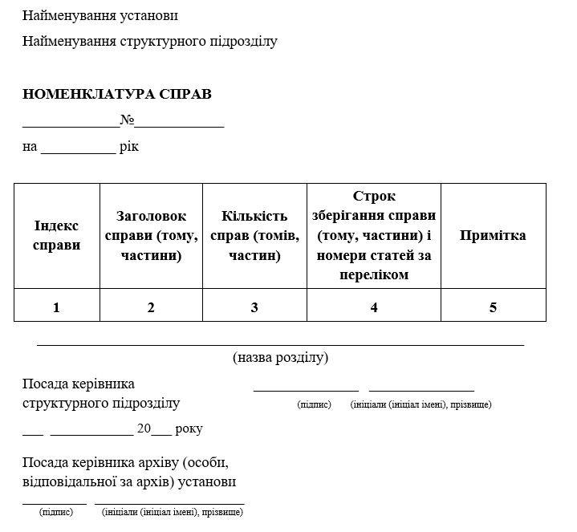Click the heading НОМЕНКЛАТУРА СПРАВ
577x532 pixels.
117,95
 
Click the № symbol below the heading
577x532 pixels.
127,120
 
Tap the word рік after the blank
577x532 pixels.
129,147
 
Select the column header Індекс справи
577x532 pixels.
57,235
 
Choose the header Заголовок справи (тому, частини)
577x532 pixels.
151,236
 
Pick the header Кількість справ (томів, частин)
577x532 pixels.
254,236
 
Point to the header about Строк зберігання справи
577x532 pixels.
374,235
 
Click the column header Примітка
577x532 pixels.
493,235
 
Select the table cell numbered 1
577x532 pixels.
56,307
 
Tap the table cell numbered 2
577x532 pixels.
151,307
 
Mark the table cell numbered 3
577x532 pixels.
254,307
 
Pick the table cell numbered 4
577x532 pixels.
374,307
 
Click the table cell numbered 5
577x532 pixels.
493,307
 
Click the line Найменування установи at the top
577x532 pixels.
101,16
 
